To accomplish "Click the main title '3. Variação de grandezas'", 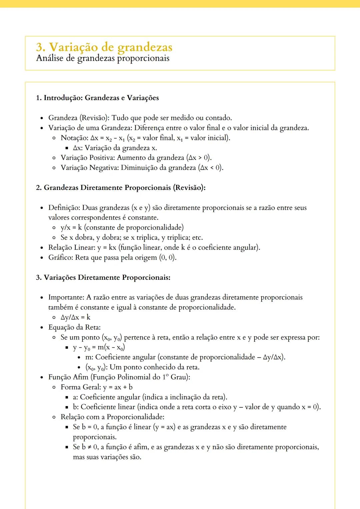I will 104,47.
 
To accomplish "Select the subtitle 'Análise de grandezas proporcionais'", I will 103,58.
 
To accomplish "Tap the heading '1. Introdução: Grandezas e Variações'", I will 97,98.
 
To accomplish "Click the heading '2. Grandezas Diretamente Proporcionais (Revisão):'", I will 121,188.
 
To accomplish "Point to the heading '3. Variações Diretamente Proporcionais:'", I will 103,278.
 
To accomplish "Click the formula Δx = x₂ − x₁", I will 108,138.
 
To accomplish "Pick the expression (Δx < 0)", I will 211,168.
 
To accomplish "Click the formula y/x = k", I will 71,228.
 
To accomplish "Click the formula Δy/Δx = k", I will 75,317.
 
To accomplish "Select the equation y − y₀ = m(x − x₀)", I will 99,347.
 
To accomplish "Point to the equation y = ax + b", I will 118,387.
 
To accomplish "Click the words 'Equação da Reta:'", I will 74,327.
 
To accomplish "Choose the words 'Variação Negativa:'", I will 90,168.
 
